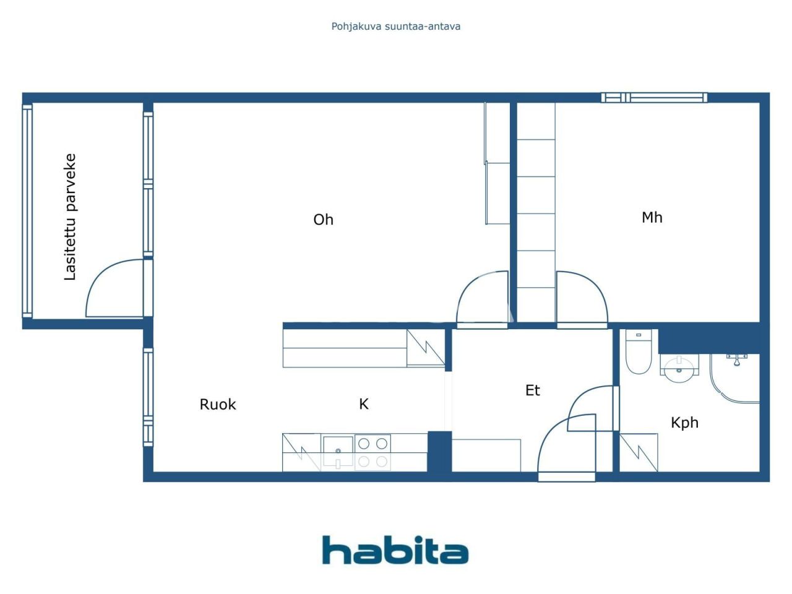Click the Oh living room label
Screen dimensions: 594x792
click(x=323, y=220)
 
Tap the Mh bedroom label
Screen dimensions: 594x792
click(x=652, y=217)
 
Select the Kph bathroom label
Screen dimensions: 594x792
click(x=684, y=423)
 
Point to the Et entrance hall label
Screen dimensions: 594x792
click(x=532, y=390)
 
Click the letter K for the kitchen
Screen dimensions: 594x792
click(x=364, y=404)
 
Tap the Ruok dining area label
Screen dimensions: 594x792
click(x=218, y=405)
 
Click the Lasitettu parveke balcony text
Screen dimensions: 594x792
click(x=71, y=217)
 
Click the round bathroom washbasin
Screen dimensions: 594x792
click(x=679, y=366)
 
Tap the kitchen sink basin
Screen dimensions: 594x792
click(x=337, y=451)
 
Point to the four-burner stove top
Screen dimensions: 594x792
click(x=372, y=452)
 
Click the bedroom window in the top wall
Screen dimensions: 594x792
click(x=654, y=97)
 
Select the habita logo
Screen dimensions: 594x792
click(x=395, y=550)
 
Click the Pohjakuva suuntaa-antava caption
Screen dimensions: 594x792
click(x=395, y=27)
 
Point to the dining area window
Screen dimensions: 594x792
click(x=148, y=396)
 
